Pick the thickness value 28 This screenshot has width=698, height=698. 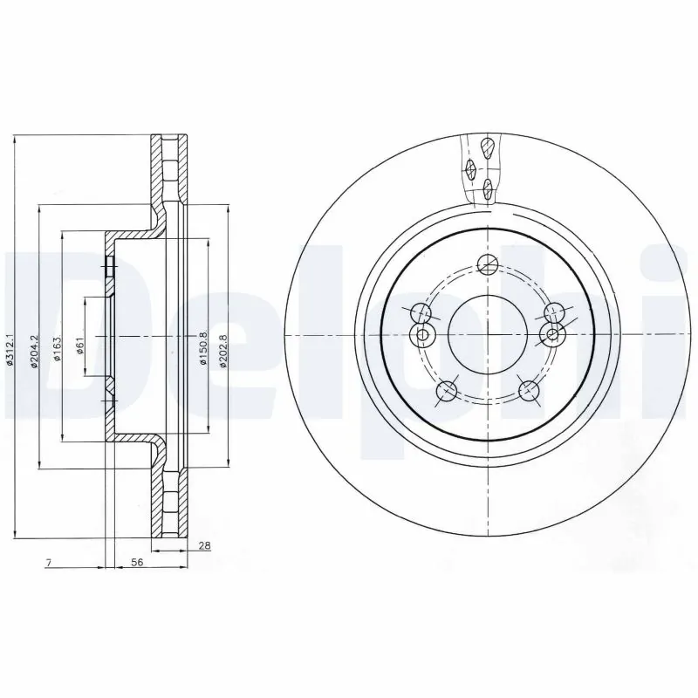[x=205, y=546]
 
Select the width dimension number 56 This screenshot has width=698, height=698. [x=136, y=564]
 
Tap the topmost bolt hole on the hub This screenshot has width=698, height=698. [x=489, y=262]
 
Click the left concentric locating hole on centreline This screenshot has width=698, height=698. [x=422, y=336]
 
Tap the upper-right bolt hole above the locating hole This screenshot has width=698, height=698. [x=551, y=312]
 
